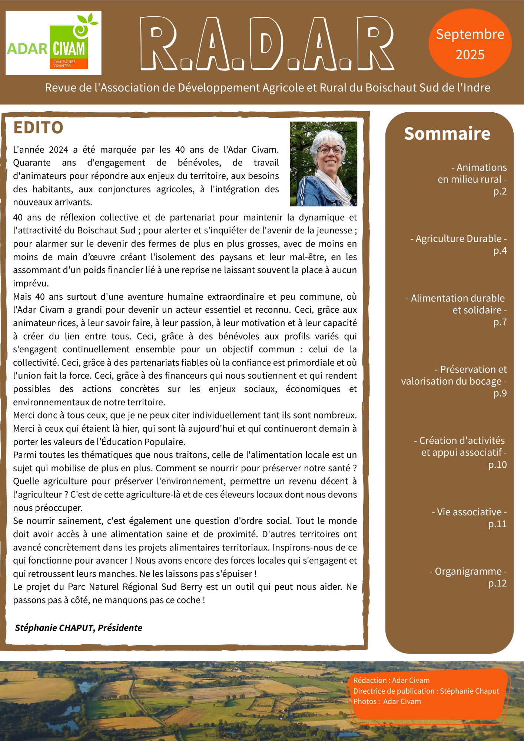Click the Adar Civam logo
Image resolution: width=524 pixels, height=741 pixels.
click(x=53, y=43)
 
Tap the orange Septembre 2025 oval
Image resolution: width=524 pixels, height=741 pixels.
click(x=470, y=44)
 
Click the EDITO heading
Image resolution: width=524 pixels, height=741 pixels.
click(x=38, y=127)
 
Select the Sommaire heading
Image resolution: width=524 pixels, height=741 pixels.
click(x=447, y=133)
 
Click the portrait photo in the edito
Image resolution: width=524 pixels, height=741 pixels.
click(x=323, y=164)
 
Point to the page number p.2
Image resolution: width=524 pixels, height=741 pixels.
click(x=500, y=191)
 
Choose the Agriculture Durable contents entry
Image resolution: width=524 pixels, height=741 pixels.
click(x=458, y=239)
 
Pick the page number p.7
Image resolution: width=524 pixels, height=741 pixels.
click(x=500, y=322)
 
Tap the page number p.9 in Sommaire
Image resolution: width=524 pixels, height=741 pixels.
click(x=500, y=393)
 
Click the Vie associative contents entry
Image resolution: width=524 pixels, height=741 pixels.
click(x=469, y=512)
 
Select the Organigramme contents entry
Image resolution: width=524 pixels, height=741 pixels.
click(x=468, y=571)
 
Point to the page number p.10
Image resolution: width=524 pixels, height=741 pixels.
click(x=497, y=465)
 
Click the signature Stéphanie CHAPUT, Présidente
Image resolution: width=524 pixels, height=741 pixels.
click(x=79, y=628)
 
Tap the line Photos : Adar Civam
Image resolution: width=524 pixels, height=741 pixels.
click(x=387, y=701)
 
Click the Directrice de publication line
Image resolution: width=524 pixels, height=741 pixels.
click(x=426, y=691)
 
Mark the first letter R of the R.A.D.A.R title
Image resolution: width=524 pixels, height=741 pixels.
click(x=158, y=44)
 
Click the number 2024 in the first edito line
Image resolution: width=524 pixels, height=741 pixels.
click(x=59, y=150)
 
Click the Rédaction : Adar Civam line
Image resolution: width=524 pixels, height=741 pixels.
click(x=391, y=680)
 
